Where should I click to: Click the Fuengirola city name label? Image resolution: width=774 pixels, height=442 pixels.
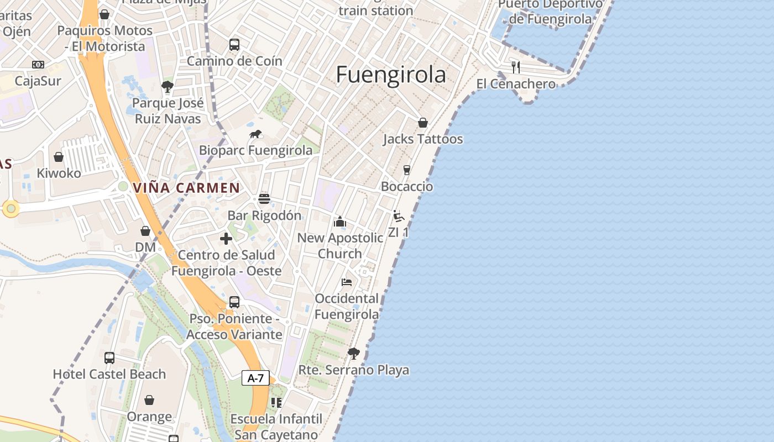391,75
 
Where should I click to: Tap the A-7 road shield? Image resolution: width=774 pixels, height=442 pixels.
255,378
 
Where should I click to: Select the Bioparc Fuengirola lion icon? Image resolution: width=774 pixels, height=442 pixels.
255,134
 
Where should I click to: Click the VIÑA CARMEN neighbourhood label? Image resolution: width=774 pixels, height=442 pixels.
186,188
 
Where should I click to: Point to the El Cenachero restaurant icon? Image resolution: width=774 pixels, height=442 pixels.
516,67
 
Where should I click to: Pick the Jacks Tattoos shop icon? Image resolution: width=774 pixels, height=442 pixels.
423,123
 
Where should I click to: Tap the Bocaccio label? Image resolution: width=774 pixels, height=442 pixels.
407,187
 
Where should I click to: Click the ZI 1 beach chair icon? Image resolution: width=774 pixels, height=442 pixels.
398,216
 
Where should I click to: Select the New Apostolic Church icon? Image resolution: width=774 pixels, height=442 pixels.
339,222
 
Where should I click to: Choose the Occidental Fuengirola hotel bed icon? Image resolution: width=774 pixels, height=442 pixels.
347,282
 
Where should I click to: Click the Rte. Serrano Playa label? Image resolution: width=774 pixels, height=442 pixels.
354,370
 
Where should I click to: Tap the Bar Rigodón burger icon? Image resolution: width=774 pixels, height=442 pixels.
264,199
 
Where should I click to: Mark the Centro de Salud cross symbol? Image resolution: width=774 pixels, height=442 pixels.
226,239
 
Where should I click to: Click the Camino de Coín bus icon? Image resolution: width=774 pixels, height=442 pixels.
234,45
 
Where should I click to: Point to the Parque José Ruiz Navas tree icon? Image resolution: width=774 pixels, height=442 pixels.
168,87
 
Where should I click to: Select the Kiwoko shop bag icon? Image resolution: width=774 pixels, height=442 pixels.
59,157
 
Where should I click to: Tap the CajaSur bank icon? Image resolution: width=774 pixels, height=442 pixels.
38,65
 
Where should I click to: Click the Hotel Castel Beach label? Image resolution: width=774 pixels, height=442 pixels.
109,374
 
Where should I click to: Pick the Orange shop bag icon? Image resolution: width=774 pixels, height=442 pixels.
149,400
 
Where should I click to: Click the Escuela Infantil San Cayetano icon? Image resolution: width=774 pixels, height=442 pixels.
276,403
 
